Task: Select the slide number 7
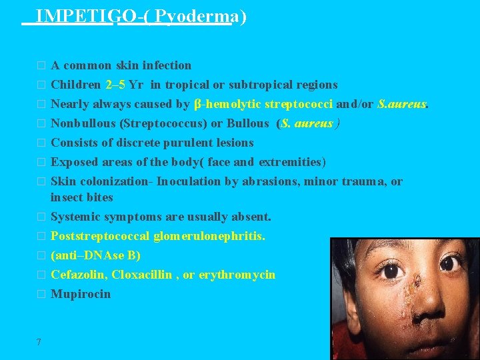click(x=39, y=342)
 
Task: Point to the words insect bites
click(x=82, y=197)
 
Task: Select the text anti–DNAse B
click(x=96, y=255)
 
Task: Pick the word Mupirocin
click(x=81, y=294)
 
